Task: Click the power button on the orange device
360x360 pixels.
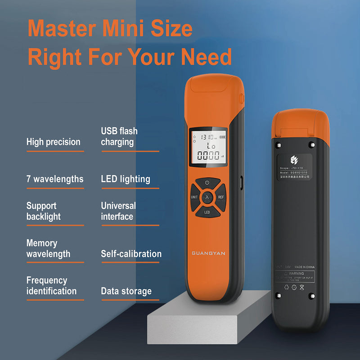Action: tap(207, 183)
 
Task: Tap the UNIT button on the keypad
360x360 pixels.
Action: tap(194, 197)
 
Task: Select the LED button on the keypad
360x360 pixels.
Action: tap(207, 211)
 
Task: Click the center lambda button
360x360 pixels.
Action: tap(207, 197)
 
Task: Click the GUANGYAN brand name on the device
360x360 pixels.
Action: tap(208, 253)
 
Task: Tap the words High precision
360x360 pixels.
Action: tap(53, 142)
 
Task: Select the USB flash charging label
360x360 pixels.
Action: tap(119, 136)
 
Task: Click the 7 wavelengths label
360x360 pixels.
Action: tap(55, 179)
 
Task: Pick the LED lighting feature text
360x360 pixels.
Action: tap(126, 179)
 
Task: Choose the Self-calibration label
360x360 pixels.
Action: tap(131, 254)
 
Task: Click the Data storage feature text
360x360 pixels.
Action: tap(126, 291)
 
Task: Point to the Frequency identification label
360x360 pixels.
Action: tap(51, 286)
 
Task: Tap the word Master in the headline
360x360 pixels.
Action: tap(62, 29)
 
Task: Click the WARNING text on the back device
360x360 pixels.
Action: tap(296, 273)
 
